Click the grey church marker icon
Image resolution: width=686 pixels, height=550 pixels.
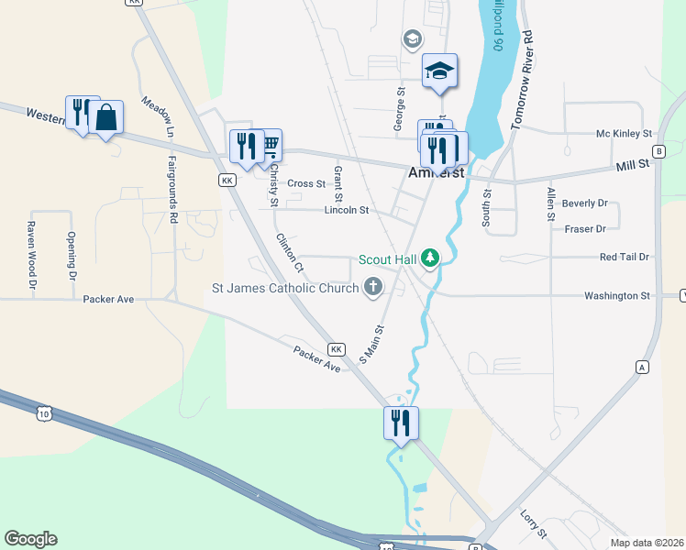pyautogui.click(x=372, y=289)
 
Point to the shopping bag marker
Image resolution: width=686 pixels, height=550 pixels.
pyautogui.click(x=106, y=117)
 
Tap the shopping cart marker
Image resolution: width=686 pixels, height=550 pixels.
pyautogui.click(x=268, y=145)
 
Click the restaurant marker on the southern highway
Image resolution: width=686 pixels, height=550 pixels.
pyautogui.click(x=401, y=423)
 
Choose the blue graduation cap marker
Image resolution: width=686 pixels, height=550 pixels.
pyautogui.click(x=439, y=71)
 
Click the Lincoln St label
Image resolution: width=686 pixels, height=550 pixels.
pyautogui.click(x=347, y=210)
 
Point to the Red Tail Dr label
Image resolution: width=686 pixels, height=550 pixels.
pyautogui.click(x=625, y=258)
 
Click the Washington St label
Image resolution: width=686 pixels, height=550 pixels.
pyautogui.click(x=617, y=296)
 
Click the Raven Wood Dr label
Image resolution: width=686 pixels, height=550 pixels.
pyautogui.click(x=31, y=256)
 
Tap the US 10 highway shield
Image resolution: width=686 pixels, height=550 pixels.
pyautogui.click(x=43, y=414)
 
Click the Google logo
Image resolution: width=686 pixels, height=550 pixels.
pyautogui.click(x=30, y=539)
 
